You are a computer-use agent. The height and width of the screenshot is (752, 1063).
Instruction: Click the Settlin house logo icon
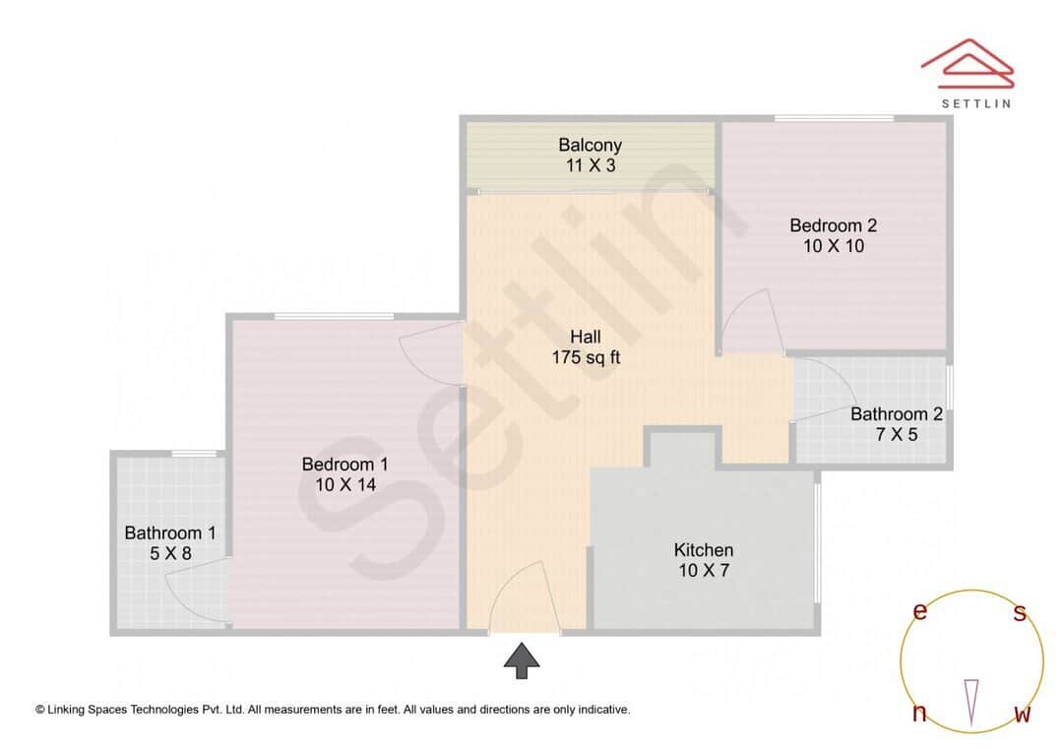click(968, 62)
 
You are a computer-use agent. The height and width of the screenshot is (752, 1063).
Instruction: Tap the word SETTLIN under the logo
click(975, 101)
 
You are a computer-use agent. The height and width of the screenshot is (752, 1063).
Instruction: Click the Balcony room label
click(590, 146)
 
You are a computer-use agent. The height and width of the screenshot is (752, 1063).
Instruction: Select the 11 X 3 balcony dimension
click(590, 165)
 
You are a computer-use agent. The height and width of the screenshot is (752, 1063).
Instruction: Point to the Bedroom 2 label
click(833, 225)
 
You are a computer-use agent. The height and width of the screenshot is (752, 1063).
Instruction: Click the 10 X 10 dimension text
click(833, 246)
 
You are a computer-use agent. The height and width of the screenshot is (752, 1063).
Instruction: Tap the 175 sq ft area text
click(586, 358)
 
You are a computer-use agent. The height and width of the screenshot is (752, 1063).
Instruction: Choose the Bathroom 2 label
click(896, 413)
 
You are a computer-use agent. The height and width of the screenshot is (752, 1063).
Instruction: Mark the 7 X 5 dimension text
click(896, 433)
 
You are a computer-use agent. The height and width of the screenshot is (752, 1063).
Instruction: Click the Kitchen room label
click(703, 549)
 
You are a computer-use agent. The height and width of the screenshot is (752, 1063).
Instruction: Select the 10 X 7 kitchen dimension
click(703, 570)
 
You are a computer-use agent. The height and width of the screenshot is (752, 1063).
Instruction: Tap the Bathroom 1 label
click(169, 533)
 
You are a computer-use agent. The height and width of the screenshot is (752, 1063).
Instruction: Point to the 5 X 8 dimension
click(169, 553)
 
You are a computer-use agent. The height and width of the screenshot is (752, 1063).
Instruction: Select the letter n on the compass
click(919, 714)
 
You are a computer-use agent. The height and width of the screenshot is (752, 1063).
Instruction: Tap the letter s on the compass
click(1020, 614)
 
